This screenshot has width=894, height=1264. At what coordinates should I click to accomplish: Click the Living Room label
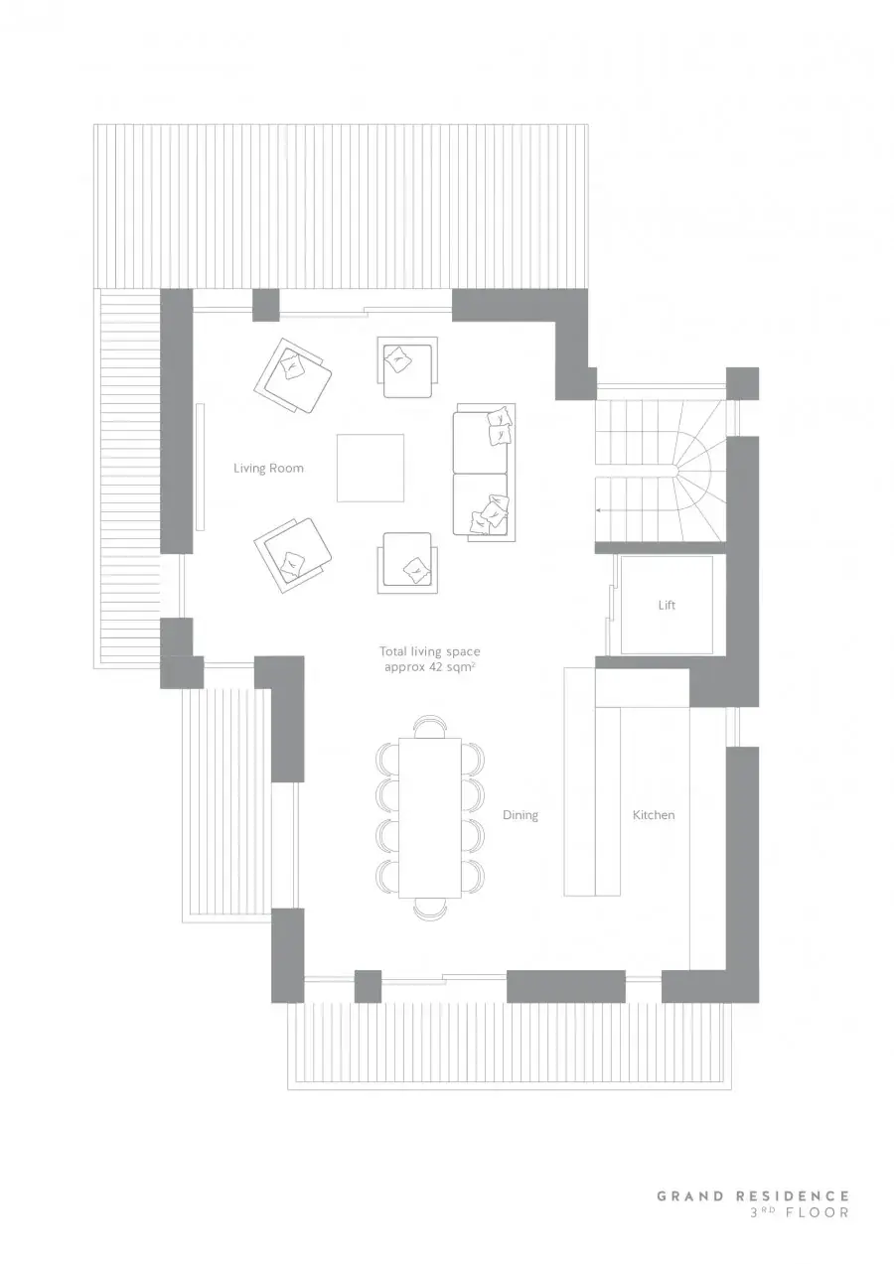(x=268, y=468)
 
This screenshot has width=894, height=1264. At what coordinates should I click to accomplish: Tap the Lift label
(x=667, y=605)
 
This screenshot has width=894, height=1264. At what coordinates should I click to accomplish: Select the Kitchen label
(x=654, y=815)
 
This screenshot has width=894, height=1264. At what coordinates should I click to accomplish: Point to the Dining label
(x=521, y=815)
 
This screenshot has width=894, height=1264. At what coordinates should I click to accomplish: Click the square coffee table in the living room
(x=371, y=468)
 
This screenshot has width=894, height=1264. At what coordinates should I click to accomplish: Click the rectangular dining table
(x=430, y=817)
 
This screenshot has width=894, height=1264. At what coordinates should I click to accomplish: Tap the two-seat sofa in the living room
(x=485, y=473)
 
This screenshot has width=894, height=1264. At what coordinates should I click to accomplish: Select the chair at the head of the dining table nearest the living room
(x=430, y=726)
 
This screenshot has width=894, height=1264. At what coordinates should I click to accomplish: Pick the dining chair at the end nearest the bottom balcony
(x=430, y=909)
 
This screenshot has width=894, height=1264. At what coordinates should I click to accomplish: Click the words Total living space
(x=429, y=651)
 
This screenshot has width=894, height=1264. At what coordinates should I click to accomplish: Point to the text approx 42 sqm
(x=429, y=667)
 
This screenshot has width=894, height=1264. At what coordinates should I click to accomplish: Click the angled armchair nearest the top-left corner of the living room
(x=292, y=375)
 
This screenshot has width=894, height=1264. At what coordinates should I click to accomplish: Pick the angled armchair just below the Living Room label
(x=292, y=555)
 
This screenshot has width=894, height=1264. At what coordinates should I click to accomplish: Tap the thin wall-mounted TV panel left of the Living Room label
(x=200, y=467)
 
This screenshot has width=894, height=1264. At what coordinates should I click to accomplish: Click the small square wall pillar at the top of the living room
(x=265, y=305)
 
